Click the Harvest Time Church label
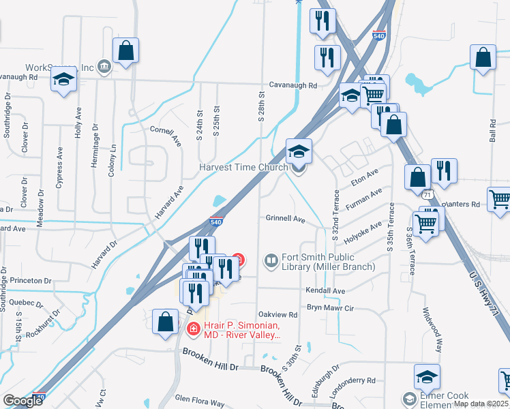click(x=243, y=168)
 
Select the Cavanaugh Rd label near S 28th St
click(x=293, y=86)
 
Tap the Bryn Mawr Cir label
click(x=331, y=308)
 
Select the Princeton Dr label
click(x=29, y=280)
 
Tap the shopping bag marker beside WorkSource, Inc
click(x=125, y=51)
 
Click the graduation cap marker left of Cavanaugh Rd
click(x=63, y=80)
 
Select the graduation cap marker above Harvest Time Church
click(x=299, y=151)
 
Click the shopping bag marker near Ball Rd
click(x=483, y=59)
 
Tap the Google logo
click(x=22, y=402)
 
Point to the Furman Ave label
click(x=365, y=198)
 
